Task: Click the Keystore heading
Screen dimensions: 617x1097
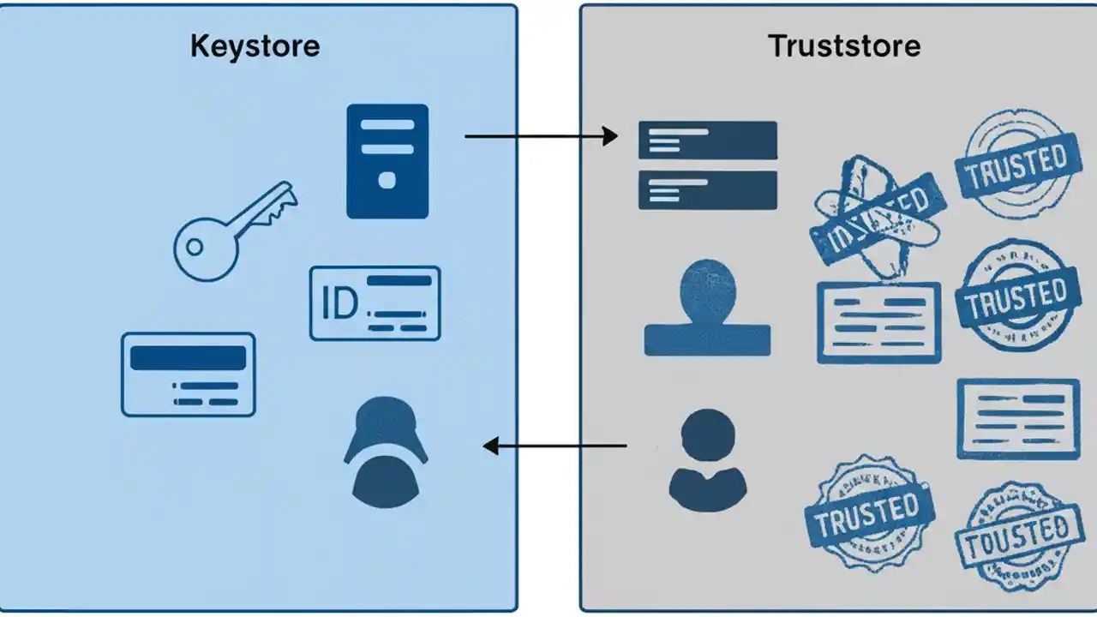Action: tap(255, 45)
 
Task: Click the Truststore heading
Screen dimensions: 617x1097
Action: tap(844, 45)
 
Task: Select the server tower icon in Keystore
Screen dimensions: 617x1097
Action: tap(387, 161)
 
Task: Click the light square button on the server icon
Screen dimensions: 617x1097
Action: tap(387, 180)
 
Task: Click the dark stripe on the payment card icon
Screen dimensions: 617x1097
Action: tap(188, 357)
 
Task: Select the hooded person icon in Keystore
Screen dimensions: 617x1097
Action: tap(385, 448)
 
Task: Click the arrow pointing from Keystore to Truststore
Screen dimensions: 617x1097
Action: tap(540, 135)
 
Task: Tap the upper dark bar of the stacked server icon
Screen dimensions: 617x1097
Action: tap(708, 140)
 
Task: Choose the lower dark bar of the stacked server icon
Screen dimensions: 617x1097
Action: tap(708, 189)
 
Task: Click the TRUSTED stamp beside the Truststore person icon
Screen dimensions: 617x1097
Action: tap(867, 512)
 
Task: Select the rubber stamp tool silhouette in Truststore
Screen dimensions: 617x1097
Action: tap(707, 308)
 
